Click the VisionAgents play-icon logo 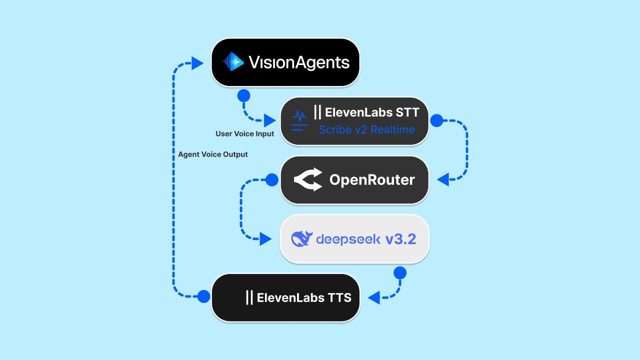point(233,62)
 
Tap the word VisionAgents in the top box point(299,62)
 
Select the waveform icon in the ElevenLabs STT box point(299,120)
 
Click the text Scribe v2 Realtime point(366,129)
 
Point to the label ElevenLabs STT point(371,112)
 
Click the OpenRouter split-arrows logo point(307,180)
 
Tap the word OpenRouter point(371,180)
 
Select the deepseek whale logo point(301,239)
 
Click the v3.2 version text point(400,239)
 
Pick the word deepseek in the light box point(348,239)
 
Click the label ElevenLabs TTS point(303,298)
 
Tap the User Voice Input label point(244,134)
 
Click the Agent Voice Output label point(212,154)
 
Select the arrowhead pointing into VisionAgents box point(197,63)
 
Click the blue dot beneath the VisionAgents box point(243,96)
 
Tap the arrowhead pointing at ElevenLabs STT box point(269,120)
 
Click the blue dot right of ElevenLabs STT point(437,120)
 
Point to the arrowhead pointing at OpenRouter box point(443,179)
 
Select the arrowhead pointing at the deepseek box point(265,239)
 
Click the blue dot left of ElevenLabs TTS point(203,296)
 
